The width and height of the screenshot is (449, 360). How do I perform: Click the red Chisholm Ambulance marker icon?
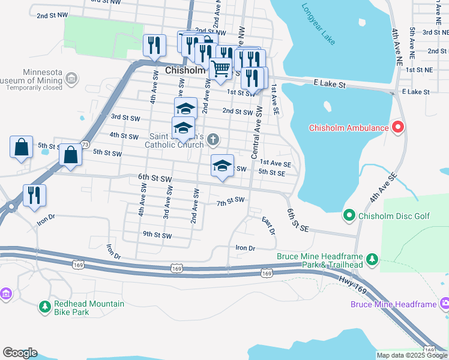tap(397, 127)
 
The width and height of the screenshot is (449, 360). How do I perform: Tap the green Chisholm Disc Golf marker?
tap(349, 215)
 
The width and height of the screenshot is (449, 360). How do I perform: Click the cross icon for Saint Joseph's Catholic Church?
tap(213, 140)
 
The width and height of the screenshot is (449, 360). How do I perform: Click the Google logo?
tap(20, 353)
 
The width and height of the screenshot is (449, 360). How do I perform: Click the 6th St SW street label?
tap(155, 179)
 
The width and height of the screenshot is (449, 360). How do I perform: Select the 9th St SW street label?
tap(157, 235)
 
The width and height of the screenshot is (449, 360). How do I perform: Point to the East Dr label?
tap(268, 226)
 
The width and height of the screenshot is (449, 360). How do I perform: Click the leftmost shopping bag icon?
tap(21, 147)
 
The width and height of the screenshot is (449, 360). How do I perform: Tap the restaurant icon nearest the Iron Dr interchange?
tap(34, 195)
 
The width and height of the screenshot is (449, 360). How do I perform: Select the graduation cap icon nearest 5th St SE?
tap(222, 166)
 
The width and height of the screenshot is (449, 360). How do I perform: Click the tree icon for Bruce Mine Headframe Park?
tap(373, 259)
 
